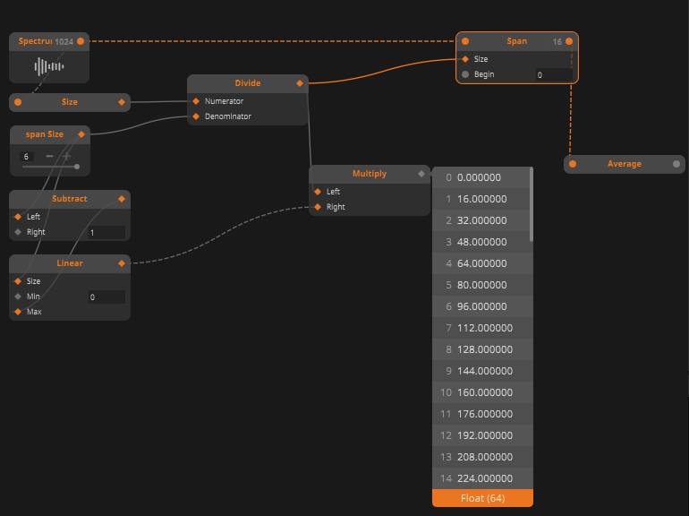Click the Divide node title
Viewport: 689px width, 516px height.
tap(248, 83)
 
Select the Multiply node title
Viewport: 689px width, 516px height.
tap(370, 174)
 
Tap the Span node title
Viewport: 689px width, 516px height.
tap(517, 41)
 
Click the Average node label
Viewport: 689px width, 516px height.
tap(625, 164)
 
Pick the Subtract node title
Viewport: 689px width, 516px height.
tap(70, 199)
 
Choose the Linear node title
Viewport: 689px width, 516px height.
tap(70, 263)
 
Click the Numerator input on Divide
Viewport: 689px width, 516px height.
tap(224, 101)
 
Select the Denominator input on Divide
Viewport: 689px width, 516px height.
tap(227, 116)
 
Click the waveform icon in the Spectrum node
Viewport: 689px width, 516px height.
tap(49, 66)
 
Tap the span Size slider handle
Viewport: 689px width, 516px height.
tap(77, 166)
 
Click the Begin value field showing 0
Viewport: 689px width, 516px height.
tap(553, 75)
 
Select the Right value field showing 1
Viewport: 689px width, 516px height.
tap(106, 233)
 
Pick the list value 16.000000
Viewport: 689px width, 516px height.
tap(482, 199)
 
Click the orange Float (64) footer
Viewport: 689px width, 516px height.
tap(482, 498)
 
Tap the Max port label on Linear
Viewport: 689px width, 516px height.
tap(34, 312)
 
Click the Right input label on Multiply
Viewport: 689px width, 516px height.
tap(336, 207)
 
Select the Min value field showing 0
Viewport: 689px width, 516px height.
tap(106, 297)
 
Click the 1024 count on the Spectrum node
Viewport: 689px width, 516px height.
tap(64, 41)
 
